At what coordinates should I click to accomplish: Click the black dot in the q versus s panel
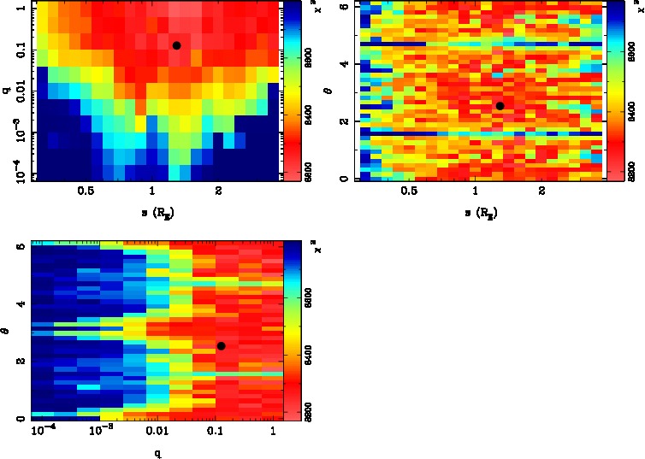(176, 45)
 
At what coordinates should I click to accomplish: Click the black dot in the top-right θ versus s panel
(500, 106)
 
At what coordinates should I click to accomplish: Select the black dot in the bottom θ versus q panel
(221, 345)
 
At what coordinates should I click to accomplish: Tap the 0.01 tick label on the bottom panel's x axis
(156, 431)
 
